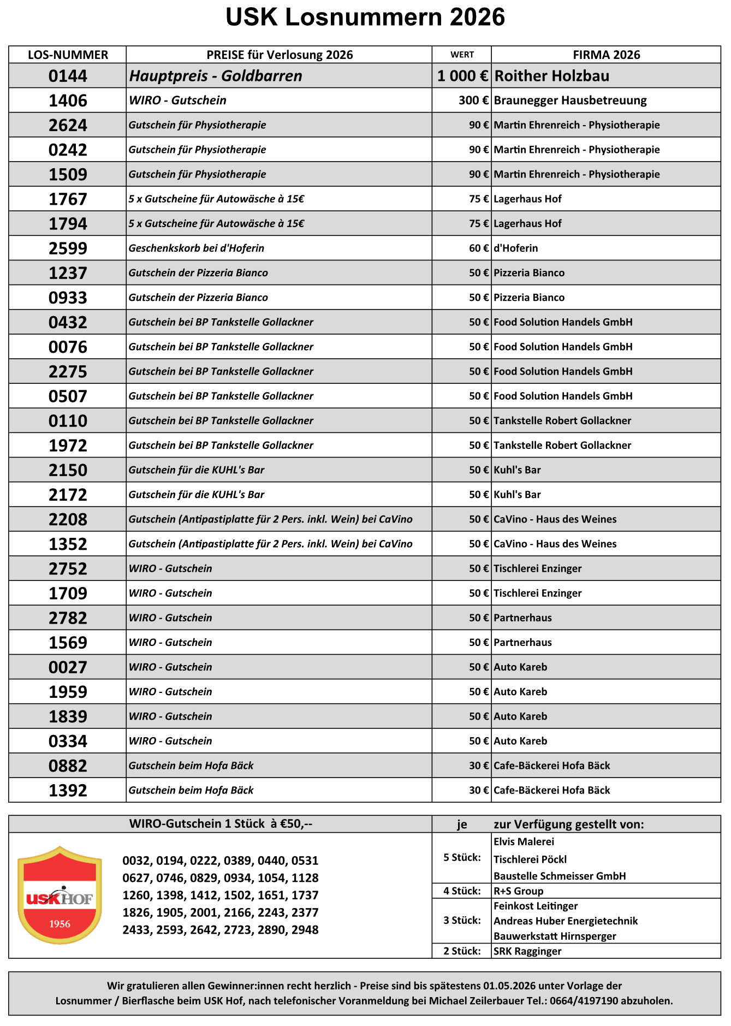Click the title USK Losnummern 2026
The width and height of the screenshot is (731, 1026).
coord(365,17)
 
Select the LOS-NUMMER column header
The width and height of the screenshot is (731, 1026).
coord(68,55)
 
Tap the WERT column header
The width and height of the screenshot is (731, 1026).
coord(462,55)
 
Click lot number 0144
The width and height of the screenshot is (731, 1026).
coord(68,76)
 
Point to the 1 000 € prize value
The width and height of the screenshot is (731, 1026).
coord(462,76)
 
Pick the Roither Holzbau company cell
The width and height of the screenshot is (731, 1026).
coord(551,76)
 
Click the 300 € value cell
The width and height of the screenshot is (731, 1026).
coord(473,100)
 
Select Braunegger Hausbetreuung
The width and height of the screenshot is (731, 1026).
coord(570,100)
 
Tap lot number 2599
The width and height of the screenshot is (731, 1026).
coord(68,248)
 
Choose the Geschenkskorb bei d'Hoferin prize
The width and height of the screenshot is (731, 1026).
coord(197,248)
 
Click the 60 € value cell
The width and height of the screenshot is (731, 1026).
coord(479,248)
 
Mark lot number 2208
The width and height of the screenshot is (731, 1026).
coord(68,519)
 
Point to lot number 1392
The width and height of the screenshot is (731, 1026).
coord(68,790)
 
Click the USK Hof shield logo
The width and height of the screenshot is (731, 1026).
coord(60,895)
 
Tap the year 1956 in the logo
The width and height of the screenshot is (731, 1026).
coord(60,924)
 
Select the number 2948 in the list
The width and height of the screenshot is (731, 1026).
coord(305,930)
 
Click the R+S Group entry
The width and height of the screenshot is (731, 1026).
coord(518,891)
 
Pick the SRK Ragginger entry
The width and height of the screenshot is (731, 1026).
coord(527,951)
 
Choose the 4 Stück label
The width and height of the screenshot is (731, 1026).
coord(462,891)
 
